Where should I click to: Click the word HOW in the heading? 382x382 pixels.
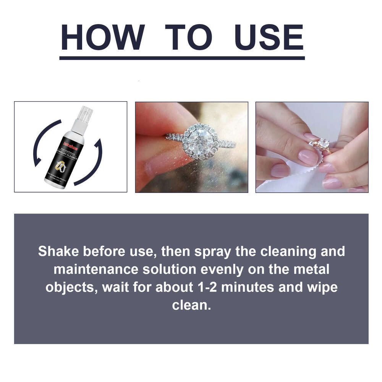tap(101, 37)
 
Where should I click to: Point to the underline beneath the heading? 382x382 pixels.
tap(182, 58)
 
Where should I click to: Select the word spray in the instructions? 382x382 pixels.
tap(206, 252)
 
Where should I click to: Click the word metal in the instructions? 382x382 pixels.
tap(312, 269)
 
